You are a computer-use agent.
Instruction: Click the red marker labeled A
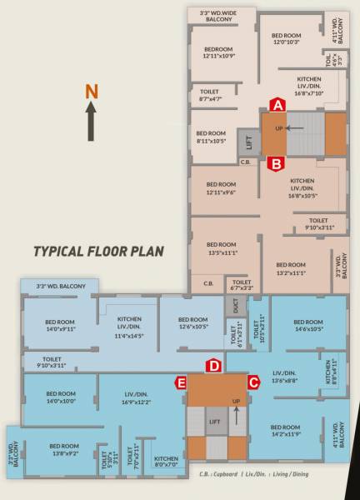click(x=278, y=104)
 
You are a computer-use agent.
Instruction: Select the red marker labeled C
click(x=253, y=382)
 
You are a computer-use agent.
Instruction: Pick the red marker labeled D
click(x=213, y=365)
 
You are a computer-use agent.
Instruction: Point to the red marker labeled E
click(x=180, y=382)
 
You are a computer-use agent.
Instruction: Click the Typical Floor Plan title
click(x=98, y=250)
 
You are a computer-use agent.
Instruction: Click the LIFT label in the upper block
click(x=247, y=142)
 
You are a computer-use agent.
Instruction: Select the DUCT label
click(x=236, y=307)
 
